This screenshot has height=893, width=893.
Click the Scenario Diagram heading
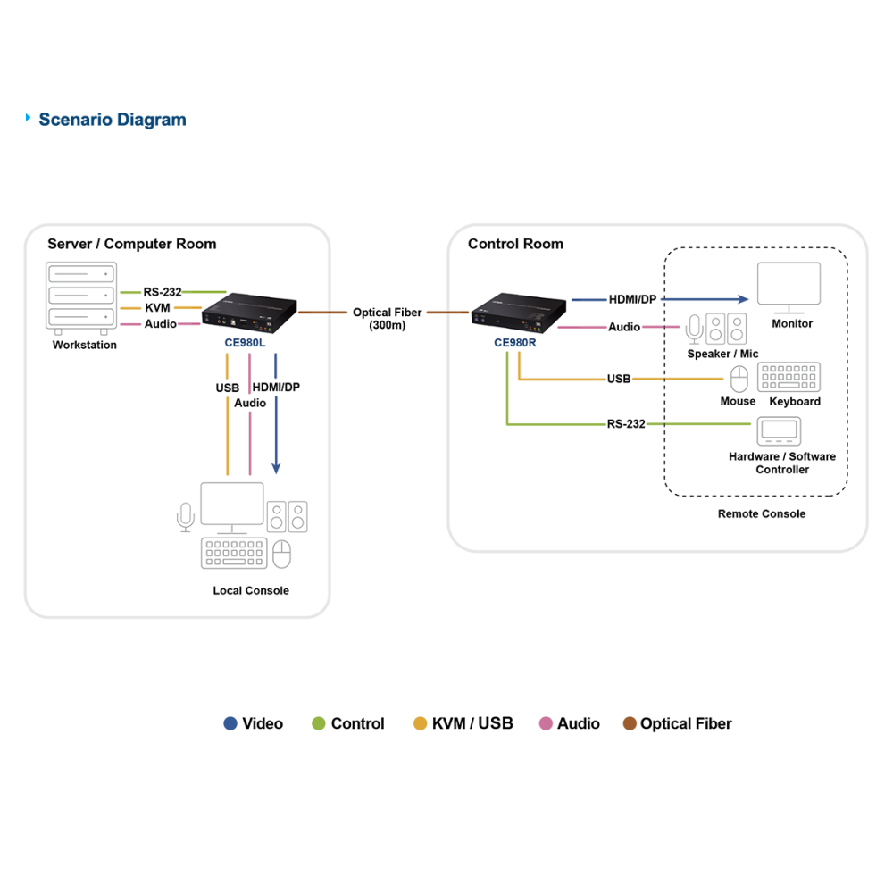113,120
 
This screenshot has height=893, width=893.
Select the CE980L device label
245,342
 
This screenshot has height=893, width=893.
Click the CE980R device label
515,342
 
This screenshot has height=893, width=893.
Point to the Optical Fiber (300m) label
388,319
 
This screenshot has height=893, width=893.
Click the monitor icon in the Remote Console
789,288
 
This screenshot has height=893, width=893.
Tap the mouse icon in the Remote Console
739,379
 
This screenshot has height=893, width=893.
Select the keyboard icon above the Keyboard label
789,377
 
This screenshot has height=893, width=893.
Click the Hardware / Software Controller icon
779,431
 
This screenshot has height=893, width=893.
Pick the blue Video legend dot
230,723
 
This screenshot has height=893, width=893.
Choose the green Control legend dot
319,723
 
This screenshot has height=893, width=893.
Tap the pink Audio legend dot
546,723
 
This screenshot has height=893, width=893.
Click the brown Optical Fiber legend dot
630,723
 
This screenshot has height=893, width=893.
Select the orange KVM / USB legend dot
420,723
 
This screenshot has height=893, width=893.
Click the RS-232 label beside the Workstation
163,292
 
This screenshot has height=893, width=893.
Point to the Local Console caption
251,590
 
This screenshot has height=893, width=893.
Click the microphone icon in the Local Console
186,517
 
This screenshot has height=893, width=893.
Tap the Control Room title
515,244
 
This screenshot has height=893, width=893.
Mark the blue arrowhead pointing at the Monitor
743,299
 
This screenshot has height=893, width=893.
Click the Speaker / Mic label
722,354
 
